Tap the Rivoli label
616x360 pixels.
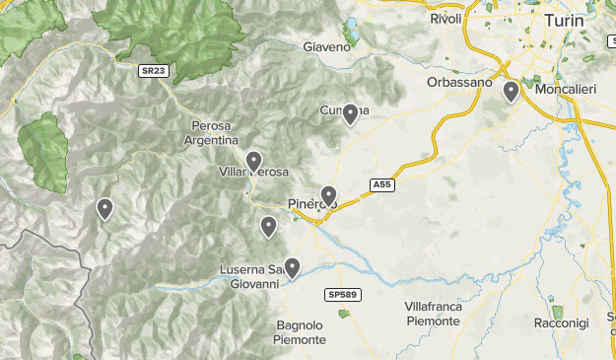[446, 19]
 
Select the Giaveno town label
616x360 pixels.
[327, 46]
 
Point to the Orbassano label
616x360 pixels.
[459, 83]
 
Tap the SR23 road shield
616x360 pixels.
[152, 71]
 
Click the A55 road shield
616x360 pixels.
[382, 184]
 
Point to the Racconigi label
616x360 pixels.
[561, 324]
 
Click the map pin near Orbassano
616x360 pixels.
[511, 93]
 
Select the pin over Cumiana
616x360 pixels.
[349, 114]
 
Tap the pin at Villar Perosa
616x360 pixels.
[253, 161]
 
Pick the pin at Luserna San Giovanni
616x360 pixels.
[292, 266]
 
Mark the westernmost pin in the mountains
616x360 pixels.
[103, 208]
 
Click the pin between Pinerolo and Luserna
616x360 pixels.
[268, 227]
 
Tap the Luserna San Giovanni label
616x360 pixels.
[251, 276]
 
